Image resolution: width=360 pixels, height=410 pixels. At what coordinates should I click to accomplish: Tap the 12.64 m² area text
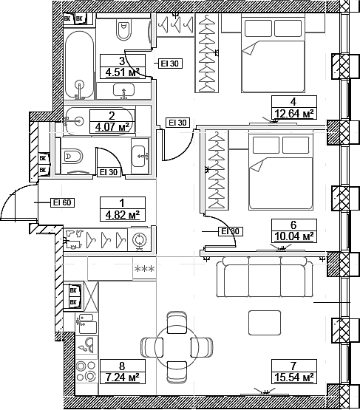pyautogui.click(x=293, y=113)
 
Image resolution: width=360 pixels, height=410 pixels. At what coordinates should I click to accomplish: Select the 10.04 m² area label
pyautogui.click(x=293, y=236)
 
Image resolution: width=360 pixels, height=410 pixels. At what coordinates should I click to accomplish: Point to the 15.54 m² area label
pyautogui.click(x=293, y=377)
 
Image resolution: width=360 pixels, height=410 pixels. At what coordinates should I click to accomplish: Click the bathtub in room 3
pyautogui.click(x=78, y=63)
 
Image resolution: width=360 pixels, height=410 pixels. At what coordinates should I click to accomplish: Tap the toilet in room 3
pyautogui.click(x=123, y=30)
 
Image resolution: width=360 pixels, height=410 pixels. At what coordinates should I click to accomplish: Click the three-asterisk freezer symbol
pyautogui.click(x=143, y=269)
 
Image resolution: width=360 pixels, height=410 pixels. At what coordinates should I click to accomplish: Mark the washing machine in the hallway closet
pyautogui.click(x=138, y=239)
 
